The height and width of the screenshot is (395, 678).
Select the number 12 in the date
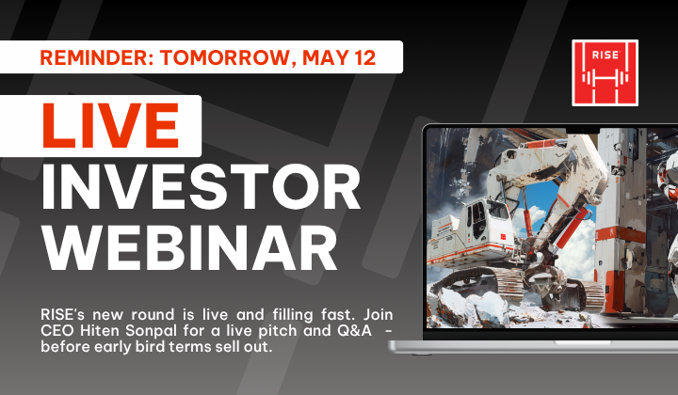(x=364, y=57)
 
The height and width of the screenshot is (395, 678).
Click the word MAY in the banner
(x=325, y=57)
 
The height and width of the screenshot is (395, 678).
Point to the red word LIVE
(x=110, y=126)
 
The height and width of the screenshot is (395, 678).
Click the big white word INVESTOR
(x=201, y=186)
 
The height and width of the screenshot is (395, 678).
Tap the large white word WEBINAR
(x=189, y=248)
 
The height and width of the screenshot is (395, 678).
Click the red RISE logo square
(x=605, y=73)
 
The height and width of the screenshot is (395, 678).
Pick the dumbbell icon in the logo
(x=605, y=78)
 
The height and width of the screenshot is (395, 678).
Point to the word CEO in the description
(x=58, y=331)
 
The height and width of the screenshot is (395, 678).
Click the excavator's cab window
(x=480, y=220)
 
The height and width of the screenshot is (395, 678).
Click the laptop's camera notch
(x=583, y=131)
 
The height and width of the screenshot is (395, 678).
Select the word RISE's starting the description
(x=63, y=314)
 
